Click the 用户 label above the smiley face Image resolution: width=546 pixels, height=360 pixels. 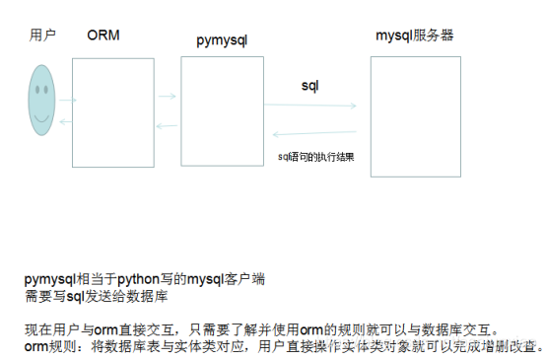tap(42, 36)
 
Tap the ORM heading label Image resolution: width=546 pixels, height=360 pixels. tap(103, 36)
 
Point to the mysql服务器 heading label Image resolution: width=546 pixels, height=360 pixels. tap(415, 36)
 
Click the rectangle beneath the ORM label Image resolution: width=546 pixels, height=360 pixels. tap(113, 111)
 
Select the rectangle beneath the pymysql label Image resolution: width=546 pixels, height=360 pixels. tap(222, 110)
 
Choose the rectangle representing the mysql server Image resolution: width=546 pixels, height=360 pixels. tap(416, 115)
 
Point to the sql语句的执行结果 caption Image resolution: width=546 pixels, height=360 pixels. tap(316, 157)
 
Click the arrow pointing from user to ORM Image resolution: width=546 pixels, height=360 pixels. tap(67, 100)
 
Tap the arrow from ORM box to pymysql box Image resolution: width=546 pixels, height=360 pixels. tap(167, 97)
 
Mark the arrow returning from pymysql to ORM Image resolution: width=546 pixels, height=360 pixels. tap(167, 126)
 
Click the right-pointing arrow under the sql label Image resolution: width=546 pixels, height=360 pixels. tap(314, 106)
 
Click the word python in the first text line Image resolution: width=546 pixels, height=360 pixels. tap(140, 279)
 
